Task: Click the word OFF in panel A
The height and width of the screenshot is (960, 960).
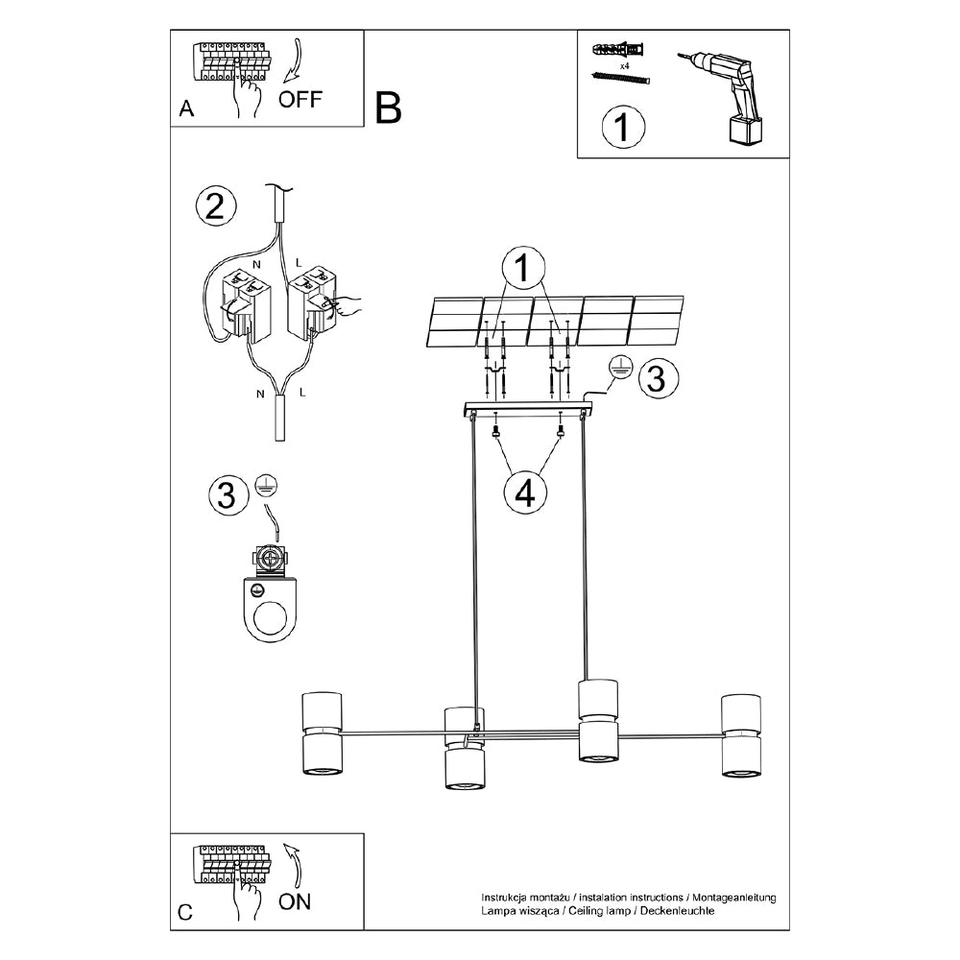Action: point(300,99)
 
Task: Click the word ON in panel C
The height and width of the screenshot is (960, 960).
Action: point(294,900)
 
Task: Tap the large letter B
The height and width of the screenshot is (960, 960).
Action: point(388,108)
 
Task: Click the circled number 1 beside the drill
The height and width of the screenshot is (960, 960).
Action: point(624,127)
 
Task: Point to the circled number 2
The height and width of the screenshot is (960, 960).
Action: point(214,206)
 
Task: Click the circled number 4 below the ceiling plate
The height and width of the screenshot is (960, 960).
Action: point(524,492)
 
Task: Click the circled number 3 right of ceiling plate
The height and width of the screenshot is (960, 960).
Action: point(655,377)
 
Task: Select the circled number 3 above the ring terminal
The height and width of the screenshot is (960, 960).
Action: point(227,495)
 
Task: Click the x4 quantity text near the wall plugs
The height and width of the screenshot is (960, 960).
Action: point(624,66)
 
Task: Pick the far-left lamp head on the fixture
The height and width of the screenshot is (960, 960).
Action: point(322,732)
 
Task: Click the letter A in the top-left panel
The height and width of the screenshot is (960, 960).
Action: point(186,109)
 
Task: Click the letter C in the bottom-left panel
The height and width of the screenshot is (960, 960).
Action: point(186,913)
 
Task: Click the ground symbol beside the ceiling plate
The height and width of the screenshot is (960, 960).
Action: point(619,366)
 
